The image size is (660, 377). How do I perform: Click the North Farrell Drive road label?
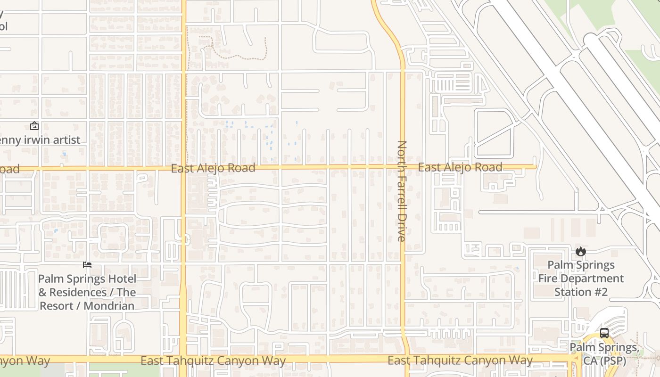[x=402, y=191]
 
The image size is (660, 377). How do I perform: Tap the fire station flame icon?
[x=581, y=252]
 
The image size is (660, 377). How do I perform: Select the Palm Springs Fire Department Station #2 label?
[x=581, y=279]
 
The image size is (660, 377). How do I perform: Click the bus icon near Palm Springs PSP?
[x=604, y=334]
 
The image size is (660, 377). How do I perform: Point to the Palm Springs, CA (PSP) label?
[x=604, y=354]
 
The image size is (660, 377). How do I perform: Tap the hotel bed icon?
[x=87, y=264]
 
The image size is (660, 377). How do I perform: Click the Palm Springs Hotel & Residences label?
[x=87, y=292]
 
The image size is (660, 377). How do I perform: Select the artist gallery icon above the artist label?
[x=34, y=126]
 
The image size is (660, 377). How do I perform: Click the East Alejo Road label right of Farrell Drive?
[x=460, y=167]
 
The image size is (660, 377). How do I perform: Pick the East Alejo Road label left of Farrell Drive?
[x=213, y=168]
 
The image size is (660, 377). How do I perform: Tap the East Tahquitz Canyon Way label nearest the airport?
[x=460, y=361]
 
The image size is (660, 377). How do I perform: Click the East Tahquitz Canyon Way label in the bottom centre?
[x=213, y=361]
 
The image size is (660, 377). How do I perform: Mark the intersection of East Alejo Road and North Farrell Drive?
[x=403, y=167]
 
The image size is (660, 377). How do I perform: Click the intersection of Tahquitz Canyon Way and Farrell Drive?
[x=404, y=359]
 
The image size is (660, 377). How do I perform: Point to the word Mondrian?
[x=109, y=306]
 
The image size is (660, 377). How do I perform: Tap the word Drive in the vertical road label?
[x=402, y=229]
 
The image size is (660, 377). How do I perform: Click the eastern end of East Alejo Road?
[x=536, y=167]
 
